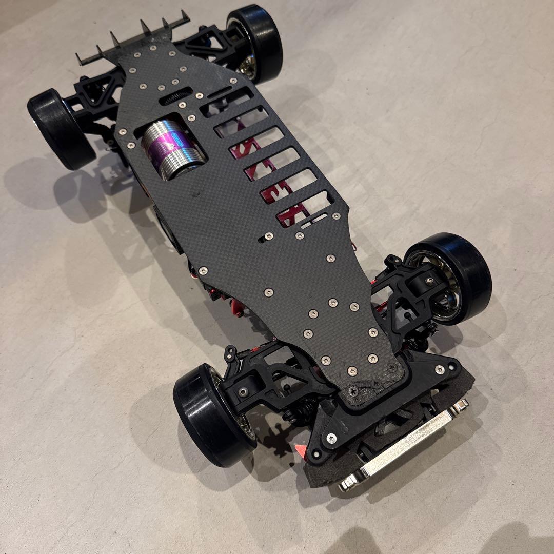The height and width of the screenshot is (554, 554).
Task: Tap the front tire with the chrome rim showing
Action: [x=451, y=277]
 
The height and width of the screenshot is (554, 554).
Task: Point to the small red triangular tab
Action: [x=299, y=450]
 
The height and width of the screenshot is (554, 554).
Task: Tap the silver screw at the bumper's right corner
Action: [x=439, y=369]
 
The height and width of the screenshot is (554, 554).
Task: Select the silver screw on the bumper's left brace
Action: [x=331, y=438]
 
